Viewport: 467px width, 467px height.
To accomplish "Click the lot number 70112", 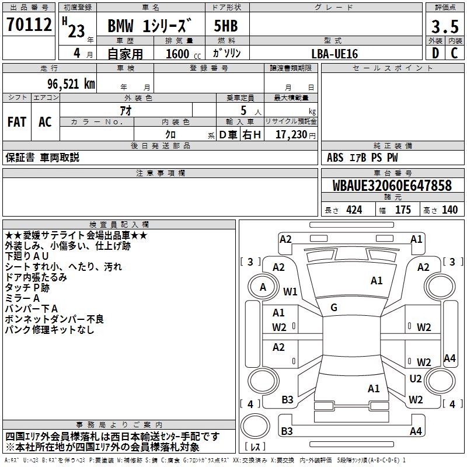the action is coord(29,25).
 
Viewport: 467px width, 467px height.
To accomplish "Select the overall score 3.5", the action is coord(445,26).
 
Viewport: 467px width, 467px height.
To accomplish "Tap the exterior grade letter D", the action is coord(435,53).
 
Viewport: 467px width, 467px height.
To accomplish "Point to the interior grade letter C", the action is coord(455,53).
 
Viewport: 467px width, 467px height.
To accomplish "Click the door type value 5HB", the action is coord(226,26).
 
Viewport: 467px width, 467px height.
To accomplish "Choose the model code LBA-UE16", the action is coord(334,54).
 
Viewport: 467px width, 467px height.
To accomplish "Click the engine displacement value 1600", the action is coord(177,54).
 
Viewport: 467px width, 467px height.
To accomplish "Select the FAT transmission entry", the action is coord(17,121).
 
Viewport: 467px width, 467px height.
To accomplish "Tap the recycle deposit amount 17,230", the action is coord(290,135).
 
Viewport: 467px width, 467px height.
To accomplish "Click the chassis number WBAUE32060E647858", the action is coord(392,186).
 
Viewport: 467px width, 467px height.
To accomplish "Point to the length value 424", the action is coord(354,210).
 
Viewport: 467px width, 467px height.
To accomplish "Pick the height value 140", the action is coord(449,210).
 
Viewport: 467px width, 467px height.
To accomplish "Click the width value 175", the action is coord(403,210).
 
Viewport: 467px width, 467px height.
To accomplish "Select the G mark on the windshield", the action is coord(334,308).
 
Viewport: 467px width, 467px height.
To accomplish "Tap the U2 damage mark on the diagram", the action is coord(415,379).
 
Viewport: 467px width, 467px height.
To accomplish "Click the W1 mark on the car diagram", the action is coord(290,291).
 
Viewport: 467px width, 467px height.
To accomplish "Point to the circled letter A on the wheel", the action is coord(263,287).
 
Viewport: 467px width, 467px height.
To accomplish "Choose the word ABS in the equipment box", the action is coord(335,158).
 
